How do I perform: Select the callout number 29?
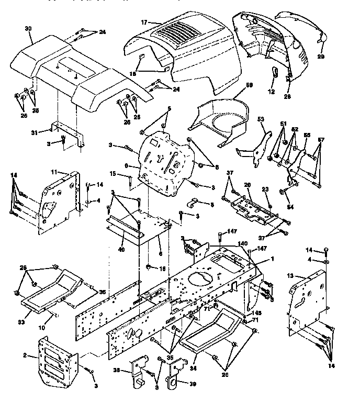320,56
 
